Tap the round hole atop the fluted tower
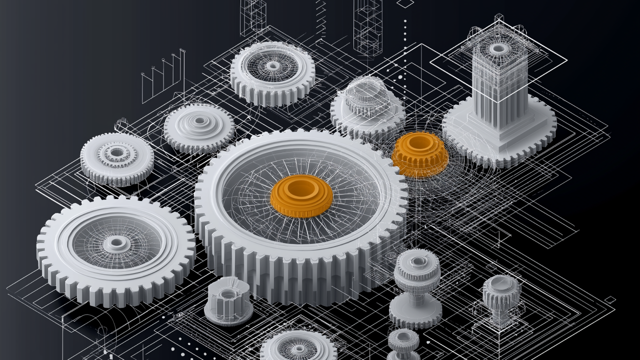(x=498, y=48)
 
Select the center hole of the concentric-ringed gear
(x=199, y=120)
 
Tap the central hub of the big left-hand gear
(x=116, y=243)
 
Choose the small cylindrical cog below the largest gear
(x=228, y=300)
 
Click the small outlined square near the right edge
(x=610, y=299)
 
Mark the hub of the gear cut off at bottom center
(x=298, y=348)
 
